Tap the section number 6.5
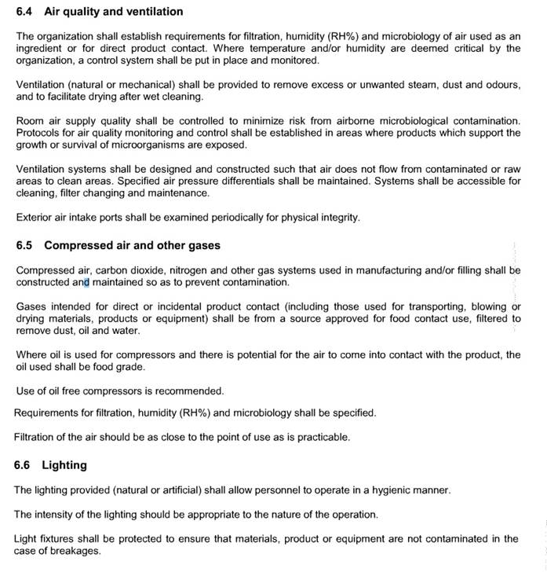coord(25,245)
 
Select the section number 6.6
coord(24,465)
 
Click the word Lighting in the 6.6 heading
coord(64,465)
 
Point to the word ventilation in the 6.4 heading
coord(154,12)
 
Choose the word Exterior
coord(35,218)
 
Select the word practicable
coord(320,437)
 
